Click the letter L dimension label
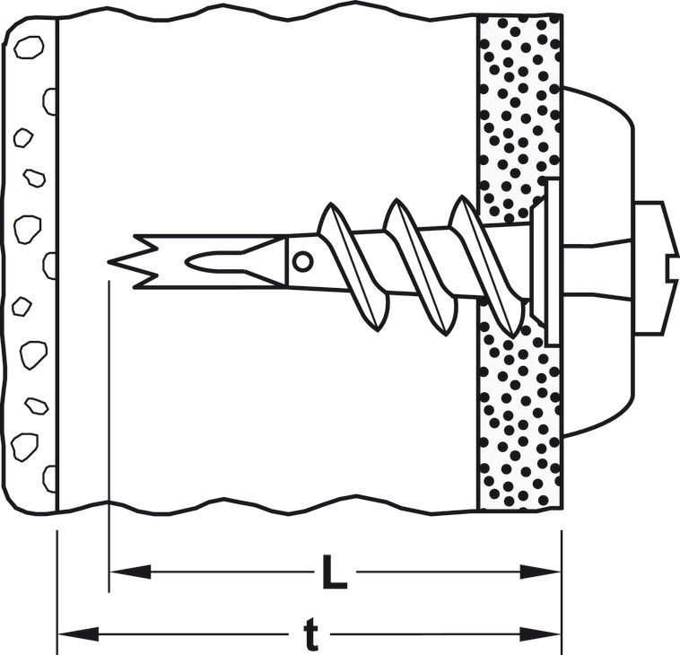coord(334,572)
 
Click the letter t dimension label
coord(311,634)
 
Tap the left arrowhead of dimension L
coord(130,572)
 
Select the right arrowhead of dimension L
coord(540,572)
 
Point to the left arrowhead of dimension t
coord(79,634)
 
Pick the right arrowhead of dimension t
coord(540,634)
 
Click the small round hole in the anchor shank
coord(302,262)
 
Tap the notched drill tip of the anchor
coord(132,262)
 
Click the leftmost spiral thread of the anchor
coord(353,266)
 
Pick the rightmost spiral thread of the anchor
coord(487,266)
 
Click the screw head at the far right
coord(656,267)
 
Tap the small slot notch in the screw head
coord(672,267)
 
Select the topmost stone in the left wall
coord(29,48)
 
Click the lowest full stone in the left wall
coord(25,447)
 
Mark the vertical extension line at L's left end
coord(109,436)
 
